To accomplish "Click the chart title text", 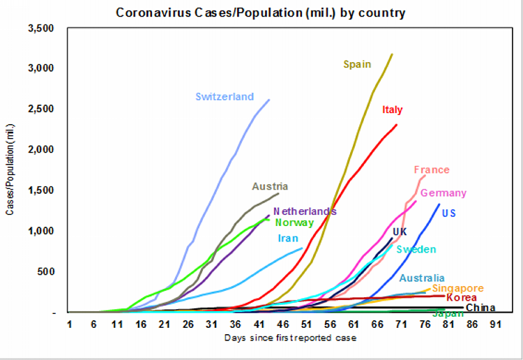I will [261, 13].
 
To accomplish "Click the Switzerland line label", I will [225, 97].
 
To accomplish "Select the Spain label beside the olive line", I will [357, 64].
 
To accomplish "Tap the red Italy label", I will [393, 110].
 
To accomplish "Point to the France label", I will [432, 170].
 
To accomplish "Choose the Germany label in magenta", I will [444, 193].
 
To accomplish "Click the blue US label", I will [449, 212].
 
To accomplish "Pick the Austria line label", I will [270, 186].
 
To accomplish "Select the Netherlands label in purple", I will [305, 211].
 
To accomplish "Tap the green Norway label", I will [294, 223].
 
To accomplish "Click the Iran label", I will [288, 238].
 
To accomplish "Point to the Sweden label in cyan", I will [416, 249].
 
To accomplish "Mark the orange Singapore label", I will [457, 288].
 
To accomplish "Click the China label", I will [480, 308].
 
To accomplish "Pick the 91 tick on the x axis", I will [496, 324].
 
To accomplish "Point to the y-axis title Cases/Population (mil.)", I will [10, 171].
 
